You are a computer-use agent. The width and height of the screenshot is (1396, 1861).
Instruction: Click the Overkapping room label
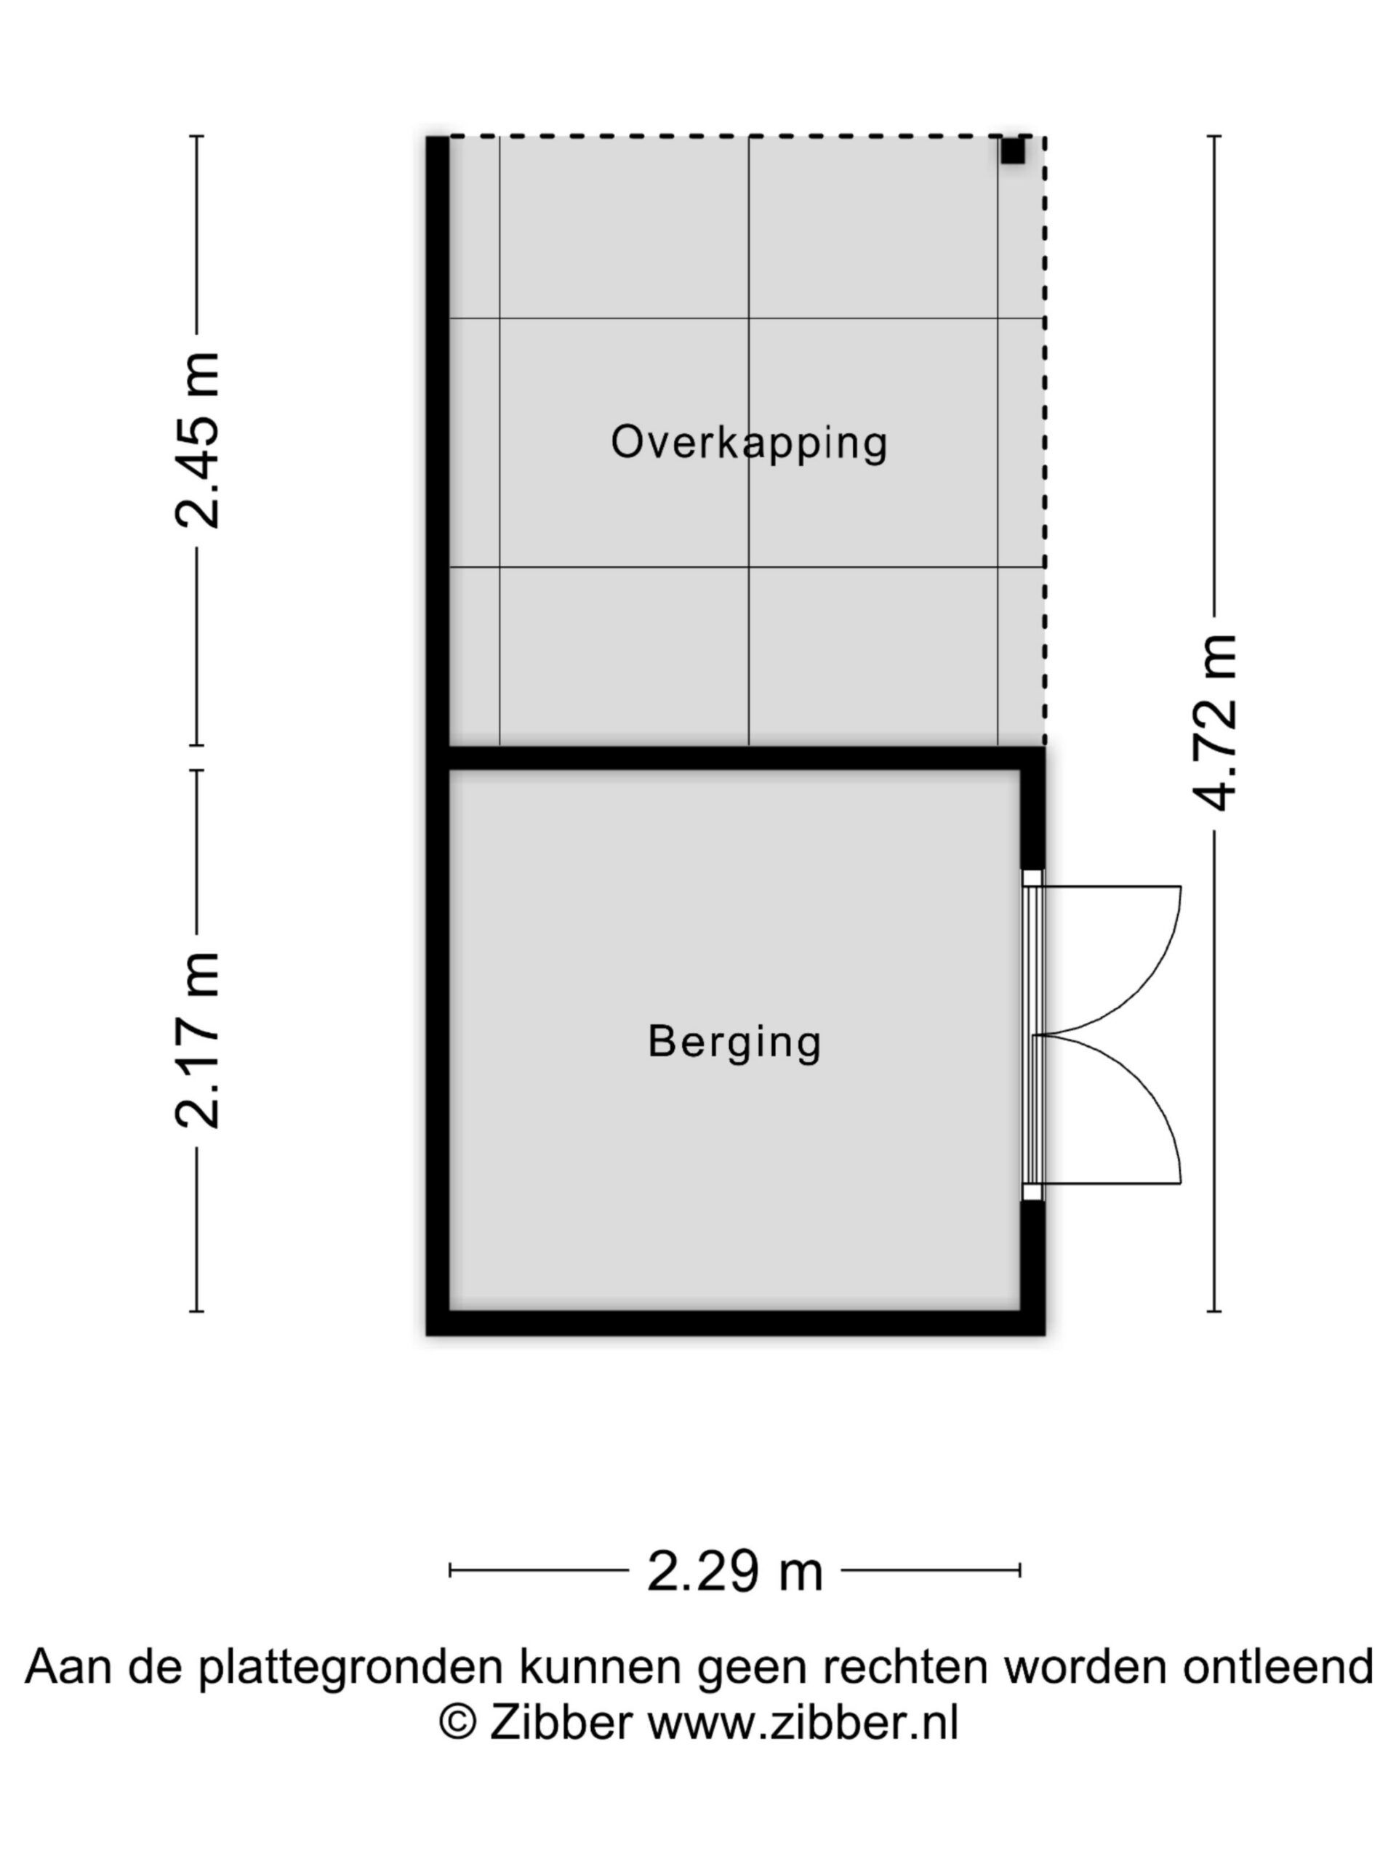point(748,443)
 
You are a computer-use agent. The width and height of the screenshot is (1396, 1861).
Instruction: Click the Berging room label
point(734,1043)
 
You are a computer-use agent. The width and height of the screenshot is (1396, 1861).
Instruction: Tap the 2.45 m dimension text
point(198,440)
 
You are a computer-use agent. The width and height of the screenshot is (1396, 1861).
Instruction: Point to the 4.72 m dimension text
point(1214,723)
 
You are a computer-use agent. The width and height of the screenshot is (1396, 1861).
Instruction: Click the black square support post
point(1012,151)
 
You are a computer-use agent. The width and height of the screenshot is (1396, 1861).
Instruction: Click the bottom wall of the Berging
point(734,1322)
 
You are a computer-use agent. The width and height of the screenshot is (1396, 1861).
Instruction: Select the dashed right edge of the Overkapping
point(1044,440)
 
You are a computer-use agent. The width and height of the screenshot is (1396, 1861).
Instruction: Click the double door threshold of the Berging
point(1032,1035)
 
